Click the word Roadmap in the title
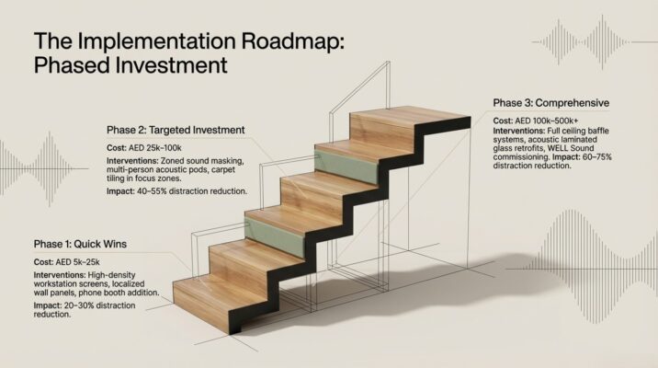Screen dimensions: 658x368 coord(292,41)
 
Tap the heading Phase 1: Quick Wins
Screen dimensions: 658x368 coord(80,244)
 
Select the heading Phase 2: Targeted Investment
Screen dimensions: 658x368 coord(176,130)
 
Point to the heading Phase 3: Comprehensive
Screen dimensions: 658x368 coord(551,103)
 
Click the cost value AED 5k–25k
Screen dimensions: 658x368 coord(77,262)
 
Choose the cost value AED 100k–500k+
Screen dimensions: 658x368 coord(547,121)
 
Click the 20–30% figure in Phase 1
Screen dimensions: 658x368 coord(79,305)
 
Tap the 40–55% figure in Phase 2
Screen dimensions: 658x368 coord(152,191)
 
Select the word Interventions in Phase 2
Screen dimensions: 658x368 coord(132,161)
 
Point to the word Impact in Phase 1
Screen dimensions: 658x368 coord(48,305)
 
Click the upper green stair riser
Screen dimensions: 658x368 coord(346,165)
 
